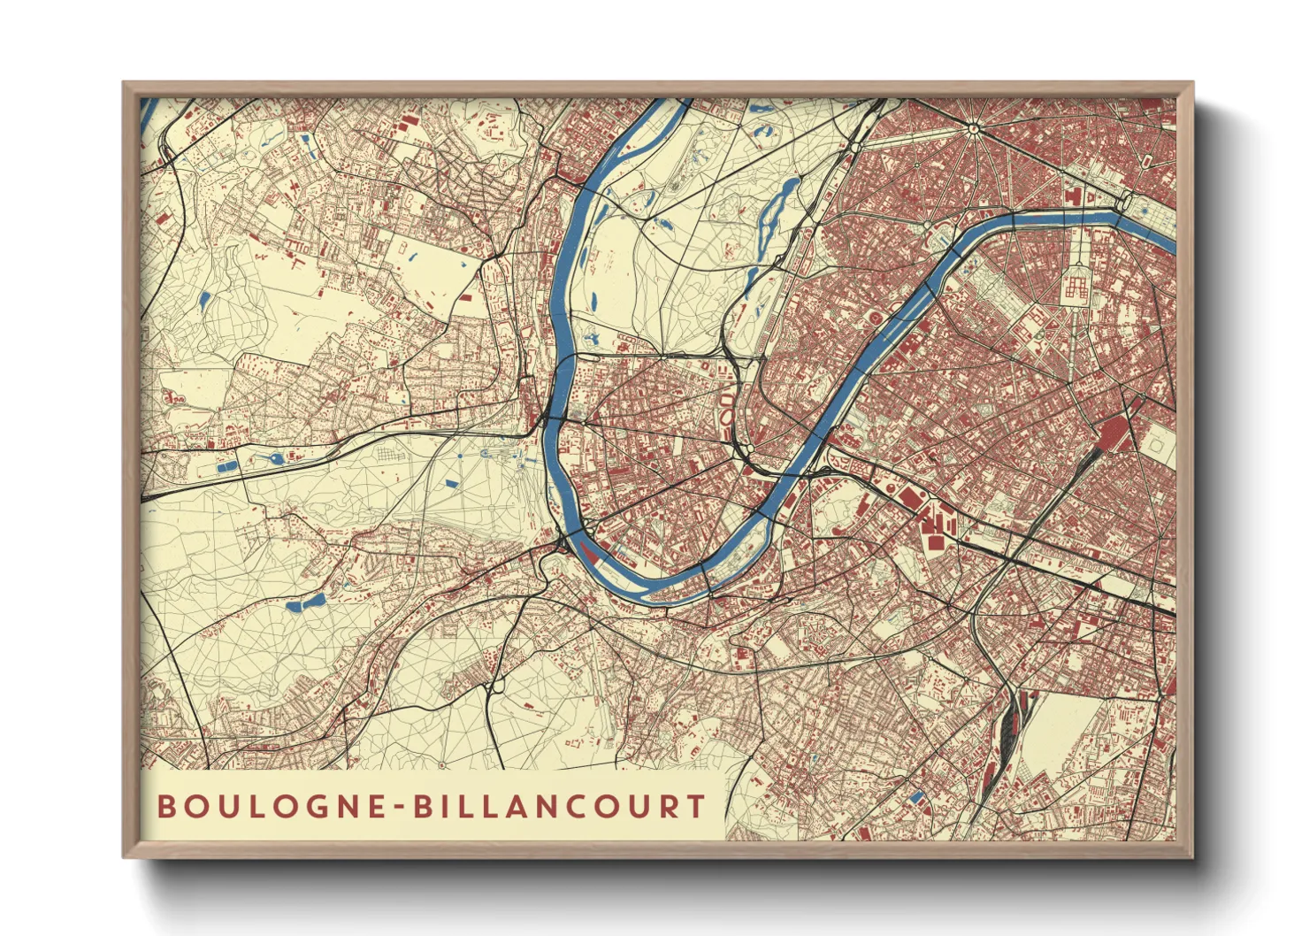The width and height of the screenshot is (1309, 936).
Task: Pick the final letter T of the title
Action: (x=697, y=806)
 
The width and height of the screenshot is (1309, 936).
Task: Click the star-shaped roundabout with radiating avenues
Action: (x=974, y=129)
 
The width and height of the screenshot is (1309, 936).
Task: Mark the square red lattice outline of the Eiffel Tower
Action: (x=1076, y=287)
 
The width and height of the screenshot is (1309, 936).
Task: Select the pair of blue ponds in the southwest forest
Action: (x=304, y=603)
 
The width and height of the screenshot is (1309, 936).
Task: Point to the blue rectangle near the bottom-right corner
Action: (x=917, y=797)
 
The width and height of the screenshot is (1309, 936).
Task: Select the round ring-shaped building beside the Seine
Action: (x=875, y=317)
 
